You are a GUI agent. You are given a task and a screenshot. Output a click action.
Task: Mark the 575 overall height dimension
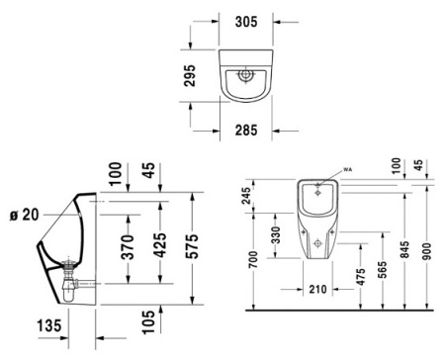tap(193, 242)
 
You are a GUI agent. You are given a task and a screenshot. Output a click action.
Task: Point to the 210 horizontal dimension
tap(315, 290)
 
